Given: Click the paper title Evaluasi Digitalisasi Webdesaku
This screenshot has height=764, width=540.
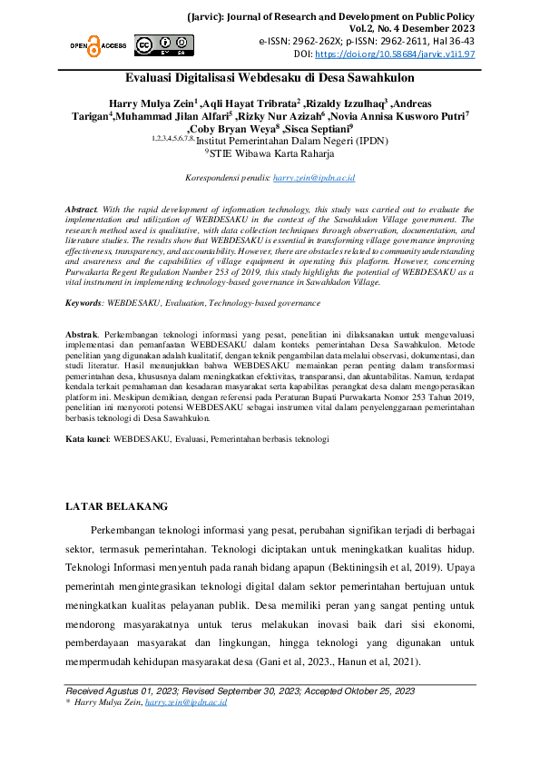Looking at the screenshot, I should coord(270,80).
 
